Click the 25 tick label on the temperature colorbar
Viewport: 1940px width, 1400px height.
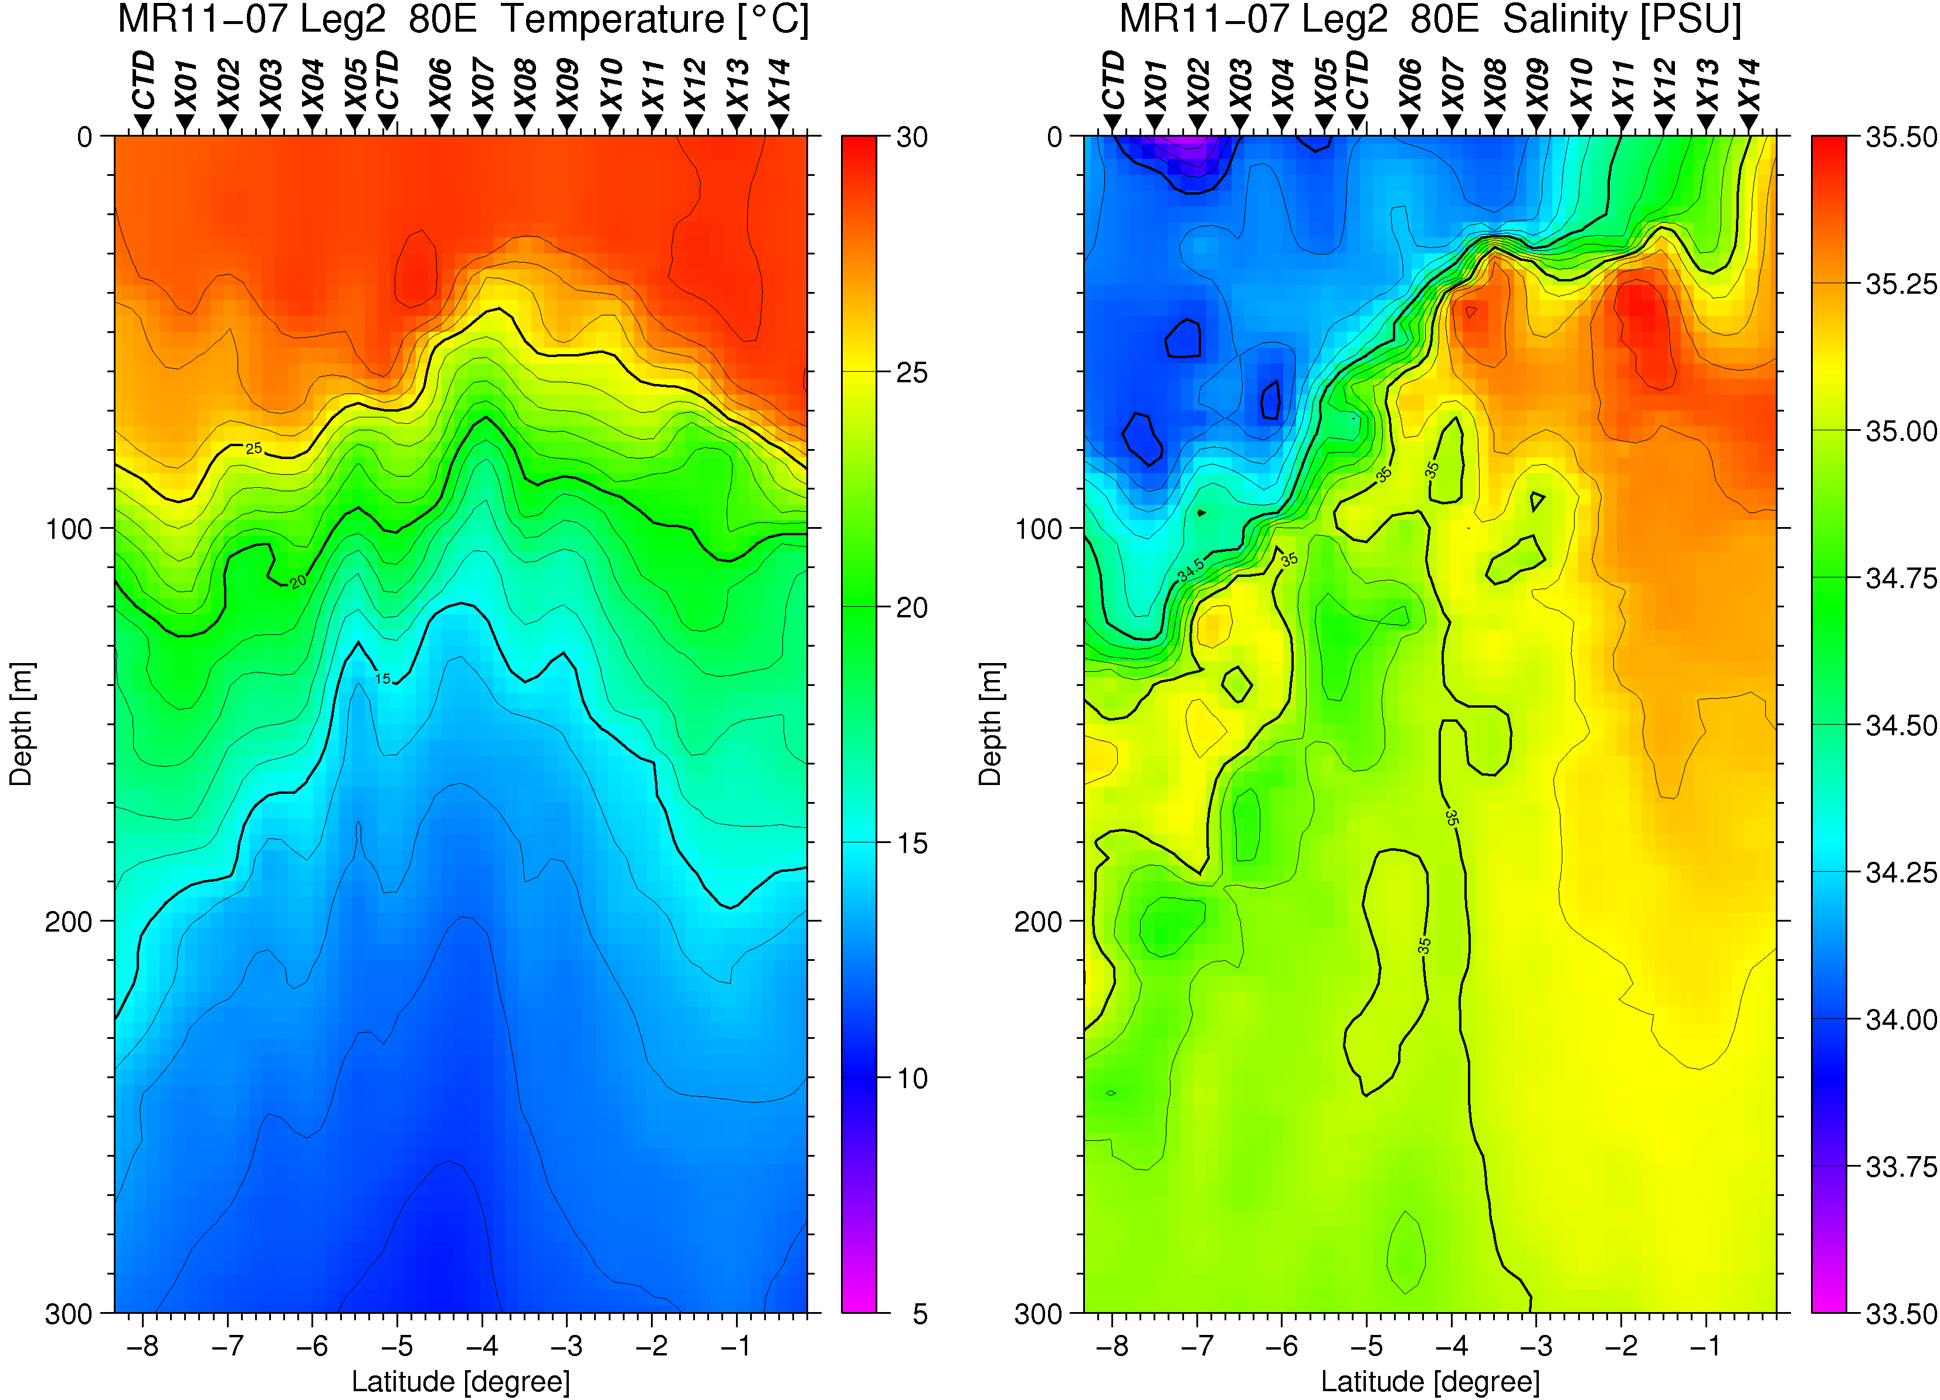click(x=912, y=373)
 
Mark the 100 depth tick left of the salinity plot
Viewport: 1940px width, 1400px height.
click(x=1037, y=529)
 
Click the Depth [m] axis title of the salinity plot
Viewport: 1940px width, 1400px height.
click(x=990, y=723)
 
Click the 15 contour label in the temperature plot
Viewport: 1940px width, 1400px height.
click(x=382, y=679)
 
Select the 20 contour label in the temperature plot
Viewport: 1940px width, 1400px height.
click(x=297, y=582)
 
